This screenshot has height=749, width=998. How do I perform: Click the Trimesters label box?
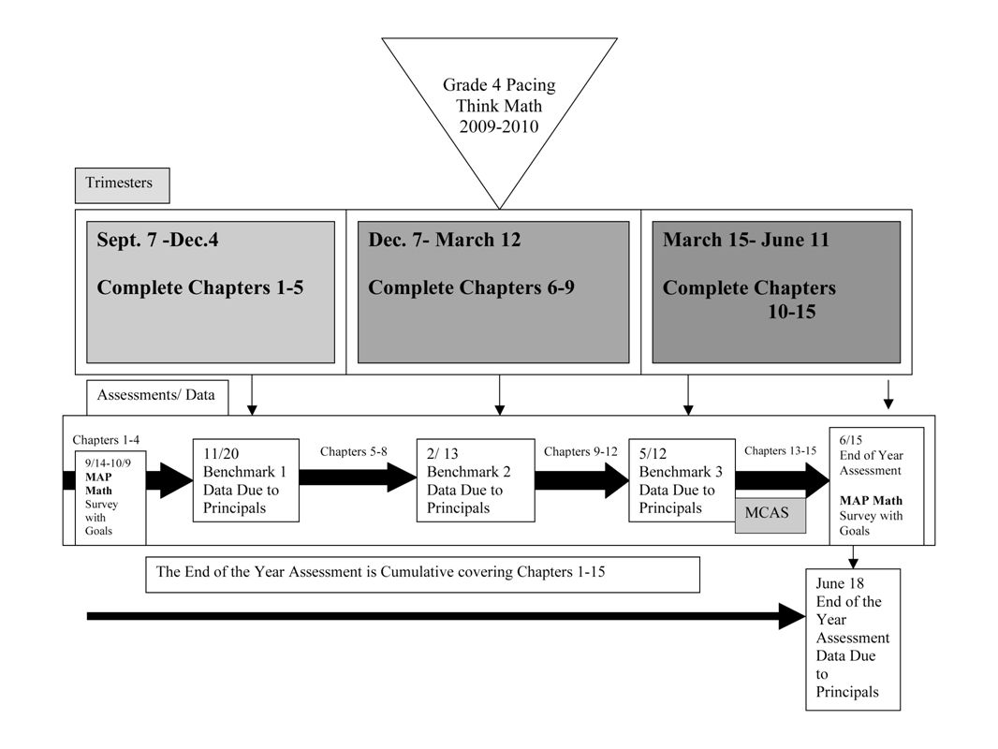point(123,185)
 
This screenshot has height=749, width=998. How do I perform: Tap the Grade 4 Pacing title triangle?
point(499,105)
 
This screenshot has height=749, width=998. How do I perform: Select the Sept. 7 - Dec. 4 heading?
point(157,240)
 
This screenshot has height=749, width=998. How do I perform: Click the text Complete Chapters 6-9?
point(471,287)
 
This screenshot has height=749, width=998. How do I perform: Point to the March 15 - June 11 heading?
point(746,240)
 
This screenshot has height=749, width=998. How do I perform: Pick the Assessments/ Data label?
point(156,395)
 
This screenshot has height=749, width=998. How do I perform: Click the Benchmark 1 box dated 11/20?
point(245,480)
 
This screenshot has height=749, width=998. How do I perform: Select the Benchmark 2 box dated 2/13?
point(476,480)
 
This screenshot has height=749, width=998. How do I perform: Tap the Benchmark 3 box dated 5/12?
point(682,480)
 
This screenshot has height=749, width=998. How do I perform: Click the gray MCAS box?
point(771,513)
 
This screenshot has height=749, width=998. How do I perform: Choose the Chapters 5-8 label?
point(353,452)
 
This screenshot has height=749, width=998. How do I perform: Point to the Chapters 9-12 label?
point(580,452)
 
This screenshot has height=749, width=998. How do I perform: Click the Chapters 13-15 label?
point(780,451)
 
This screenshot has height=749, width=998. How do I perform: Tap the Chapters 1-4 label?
point(106,440)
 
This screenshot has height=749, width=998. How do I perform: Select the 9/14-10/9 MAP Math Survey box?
point(110,498)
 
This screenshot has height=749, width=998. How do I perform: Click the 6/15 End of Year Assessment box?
point(876,486)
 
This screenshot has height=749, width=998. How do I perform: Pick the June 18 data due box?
point(853,639)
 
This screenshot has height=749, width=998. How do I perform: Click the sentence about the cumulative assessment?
point(381,572)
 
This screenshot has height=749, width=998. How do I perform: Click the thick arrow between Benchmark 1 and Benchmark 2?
point(358,477)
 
